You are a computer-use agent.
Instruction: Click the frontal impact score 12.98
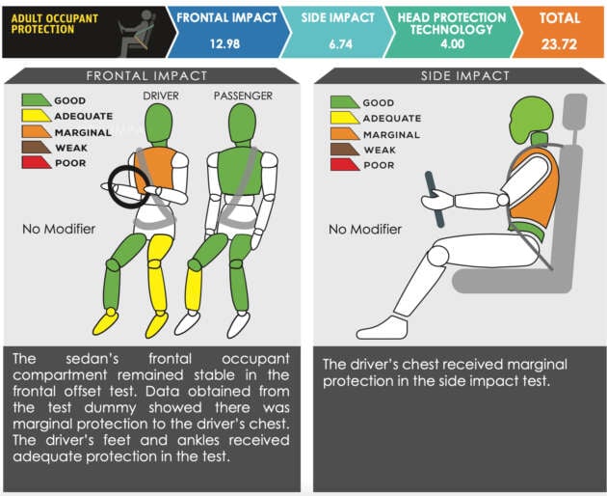(224, 43)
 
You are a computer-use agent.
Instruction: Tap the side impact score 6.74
(341, 43)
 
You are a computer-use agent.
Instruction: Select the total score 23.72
(559, 43)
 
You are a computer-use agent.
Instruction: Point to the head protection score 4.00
(452, 43)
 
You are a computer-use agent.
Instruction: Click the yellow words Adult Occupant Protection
(55, 24)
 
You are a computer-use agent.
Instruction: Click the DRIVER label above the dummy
(161, 96)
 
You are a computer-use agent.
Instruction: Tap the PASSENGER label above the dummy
(243, 96)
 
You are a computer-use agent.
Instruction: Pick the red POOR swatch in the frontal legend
(36, 162)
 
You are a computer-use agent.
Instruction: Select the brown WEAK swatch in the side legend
(345, 150)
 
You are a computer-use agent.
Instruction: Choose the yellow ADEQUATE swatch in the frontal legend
(36, 116)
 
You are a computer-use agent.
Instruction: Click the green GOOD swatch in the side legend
(345, 102)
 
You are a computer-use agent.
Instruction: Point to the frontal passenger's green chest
(240, 171)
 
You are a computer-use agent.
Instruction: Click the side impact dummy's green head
(530, 119)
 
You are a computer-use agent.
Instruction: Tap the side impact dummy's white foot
(383, 328)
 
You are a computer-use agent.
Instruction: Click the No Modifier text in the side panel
(365, 230)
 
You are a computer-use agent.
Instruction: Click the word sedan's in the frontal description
(92, 359)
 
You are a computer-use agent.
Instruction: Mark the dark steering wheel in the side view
(435, 200)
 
